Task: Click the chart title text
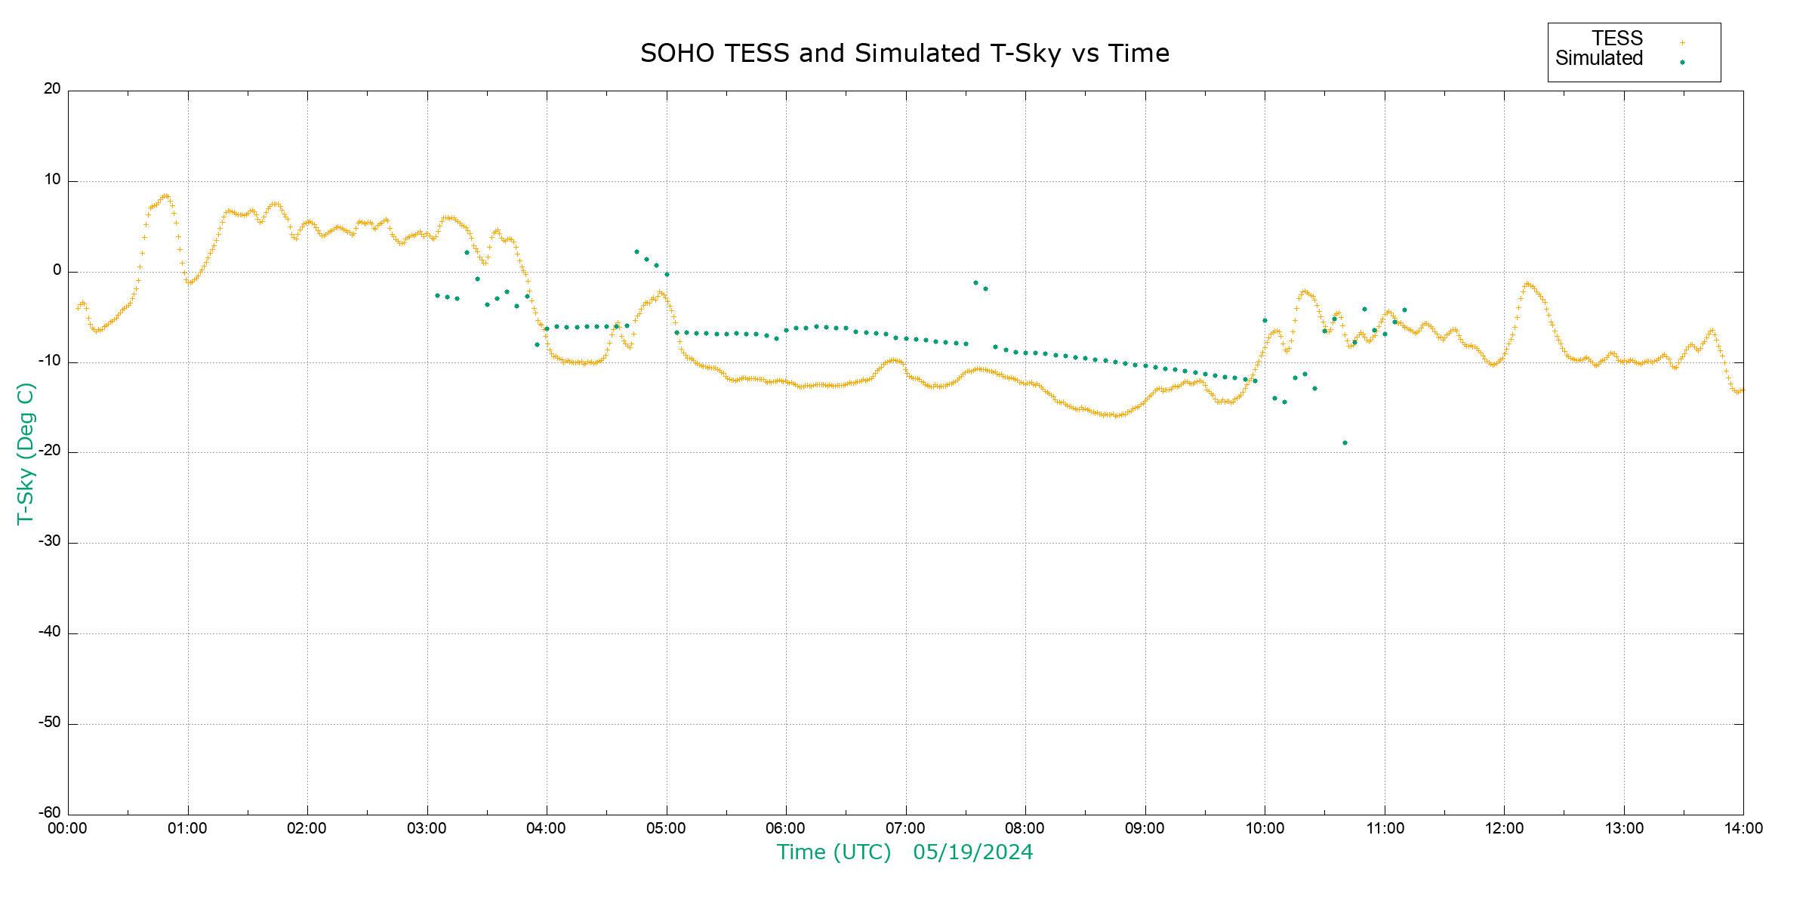pos(904,54)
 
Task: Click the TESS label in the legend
pos(1617,39)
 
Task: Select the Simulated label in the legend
pos(1599,59)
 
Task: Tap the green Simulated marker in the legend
pos(1682,62)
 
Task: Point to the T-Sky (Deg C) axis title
pos(26,453)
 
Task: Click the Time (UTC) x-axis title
pos(834,852)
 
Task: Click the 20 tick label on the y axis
pos(52,89)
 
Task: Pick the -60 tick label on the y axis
pos(50,813)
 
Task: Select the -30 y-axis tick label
pos(50,542)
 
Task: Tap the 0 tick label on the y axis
pos(57,270)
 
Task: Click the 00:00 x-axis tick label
pos(68,829)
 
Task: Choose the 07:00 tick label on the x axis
pos(905,829)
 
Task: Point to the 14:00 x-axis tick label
pos(1743,829)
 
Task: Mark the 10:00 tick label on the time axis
pos(1265,829)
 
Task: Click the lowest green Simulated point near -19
pos(1345,443)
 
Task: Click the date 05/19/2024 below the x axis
pos(972,852)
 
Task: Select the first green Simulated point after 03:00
pos(437,295)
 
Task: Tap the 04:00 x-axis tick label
pos(547,829)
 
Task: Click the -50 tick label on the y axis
pos(50,723)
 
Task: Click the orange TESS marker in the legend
pos(1682,42)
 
